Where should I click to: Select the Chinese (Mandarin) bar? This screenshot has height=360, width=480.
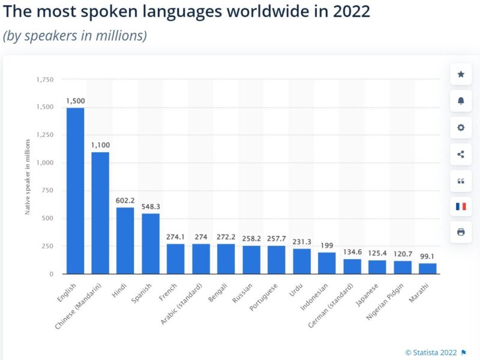click(100, 213)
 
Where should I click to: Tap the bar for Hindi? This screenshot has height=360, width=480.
click(125, 241)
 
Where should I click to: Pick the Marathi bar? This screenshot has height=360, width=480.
click(428, 268)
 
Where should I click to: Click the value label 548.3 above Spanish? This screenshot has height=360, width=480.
click(151, 206)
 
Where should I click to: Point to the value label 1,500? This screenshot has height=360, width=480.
click(75, 101)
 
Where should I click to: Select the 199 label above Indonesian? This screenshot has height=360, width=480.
click(327, 245)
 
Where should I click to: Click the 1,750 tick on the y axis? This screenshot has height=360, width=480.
click(45, 79)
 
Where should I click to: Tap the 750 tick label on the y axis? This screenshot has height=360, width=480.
click(47, 190)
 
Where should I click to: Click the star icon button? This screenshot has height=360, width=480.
click(461, 74)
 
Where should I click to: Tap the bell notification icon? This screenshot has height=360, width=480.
click(461, 101)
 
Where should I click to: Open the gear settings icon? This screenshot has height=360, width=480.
click(461, 127)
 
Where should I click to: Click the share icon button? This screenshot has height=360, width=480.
click(461, 154)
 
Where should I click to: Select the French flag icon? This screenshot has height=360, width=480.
click(461, 206)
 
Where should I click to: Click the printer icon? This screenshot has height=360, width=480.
click(461, 232)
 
